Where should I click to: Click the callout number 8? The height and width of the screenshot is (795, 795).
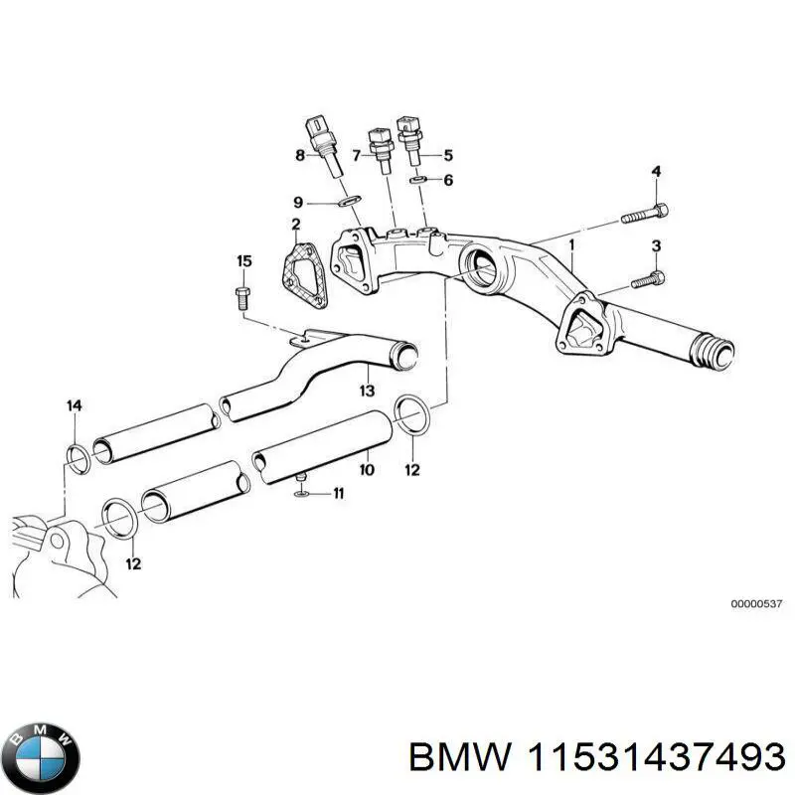click(299, 154)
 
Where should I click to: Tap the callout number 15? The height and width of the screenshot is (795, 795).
click(243, 261)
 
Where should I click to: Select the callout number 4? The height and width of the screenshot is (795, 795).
click(656, 173)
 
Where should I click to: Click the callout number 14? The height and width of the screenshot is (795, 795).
click(74, 404)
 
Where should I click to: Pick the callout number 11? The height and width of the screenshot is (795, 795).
click(338, 493)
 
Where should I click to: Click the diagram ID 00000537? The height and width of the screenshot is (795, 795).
click(757, 603)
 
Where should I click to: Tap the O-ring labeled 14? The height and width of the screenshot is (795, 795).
click(76, 455)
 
